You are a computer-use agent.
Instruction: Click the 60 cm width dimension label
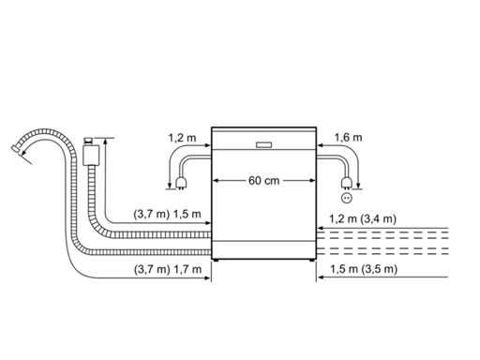tap(263, 181)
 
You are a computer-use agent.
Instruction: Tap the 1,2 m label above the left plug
tap(182, 138)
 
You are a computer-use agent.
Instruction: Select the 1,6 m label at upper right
tap(349, 138)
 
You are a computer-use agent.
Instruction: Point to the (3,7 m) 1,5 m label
tap(167, 215)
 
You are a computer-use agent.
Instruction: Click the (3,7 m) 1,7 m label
tap(168, 269)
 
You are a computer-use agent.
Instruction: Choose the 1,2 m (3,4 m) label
tap(363, 218)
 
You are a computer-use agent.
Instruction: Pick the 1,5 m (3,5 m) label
tap(364, 269)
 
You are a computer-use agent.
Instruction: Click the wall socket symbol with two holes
tap(347, 198)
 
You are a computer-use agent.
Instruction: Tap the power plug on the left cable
tap(181, 183)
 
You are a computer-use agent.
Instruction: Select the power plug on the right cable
tap(346, 183)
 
